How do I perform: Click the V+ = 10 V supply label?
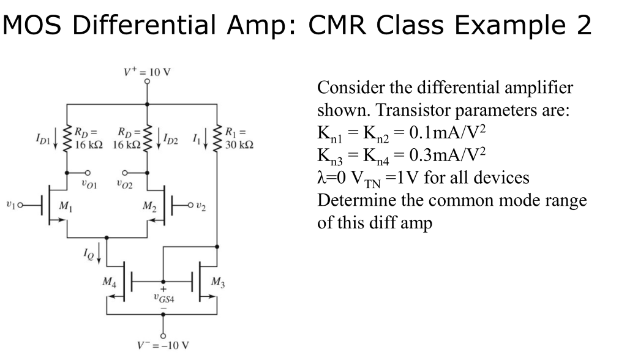point(148,72)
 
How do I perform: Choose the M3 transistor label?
point(217,282)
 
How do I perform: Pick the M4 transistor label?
point(109,282)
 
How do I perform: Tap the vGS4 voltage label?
point(163,298)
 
